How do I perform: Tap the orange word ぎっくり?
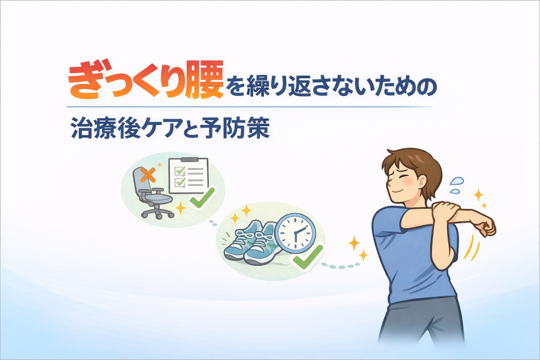coord(125,80)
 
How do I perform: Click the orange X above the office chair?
coord(148,175)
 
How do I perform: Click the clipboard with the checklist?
coord(188,175)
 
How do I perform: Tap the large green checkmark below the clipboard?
coord(202,198)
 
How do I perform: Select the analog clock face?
coord(296,232)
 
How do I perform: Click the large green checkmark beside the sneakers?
coord(308,257)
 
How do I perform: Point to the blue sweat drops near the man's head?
coord(456,185)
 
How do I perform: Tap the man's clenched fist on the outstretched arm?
coord(486,227)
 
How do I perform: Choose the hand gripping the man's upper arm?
coord(446,211)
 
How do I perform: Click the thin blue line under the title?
coord(250,107)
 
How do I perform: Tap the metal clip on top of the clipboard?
coord(188,159)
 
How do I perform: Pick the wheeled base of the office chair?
coord(157,212)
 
